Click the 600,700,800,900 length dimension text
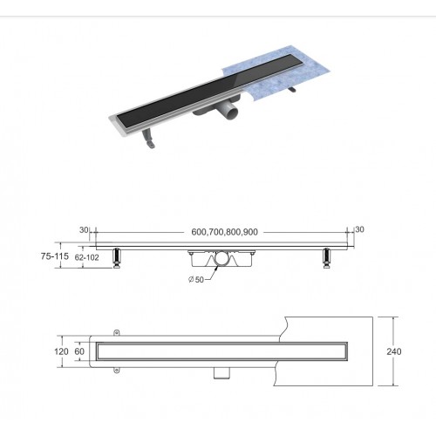(224, 232)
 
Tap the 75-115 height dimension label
(55, 256)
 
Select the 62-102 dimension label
(87, 257)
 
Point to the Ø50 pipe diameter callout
(196, 280)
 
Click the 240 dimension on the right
(394, 351)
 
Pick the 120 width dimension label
(61, 351)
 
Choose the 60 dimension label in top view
(79, 351)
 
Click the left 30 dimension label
(84, 229)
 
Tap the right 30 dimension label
(359, 229)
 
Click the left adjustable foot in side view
(117, 258)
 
